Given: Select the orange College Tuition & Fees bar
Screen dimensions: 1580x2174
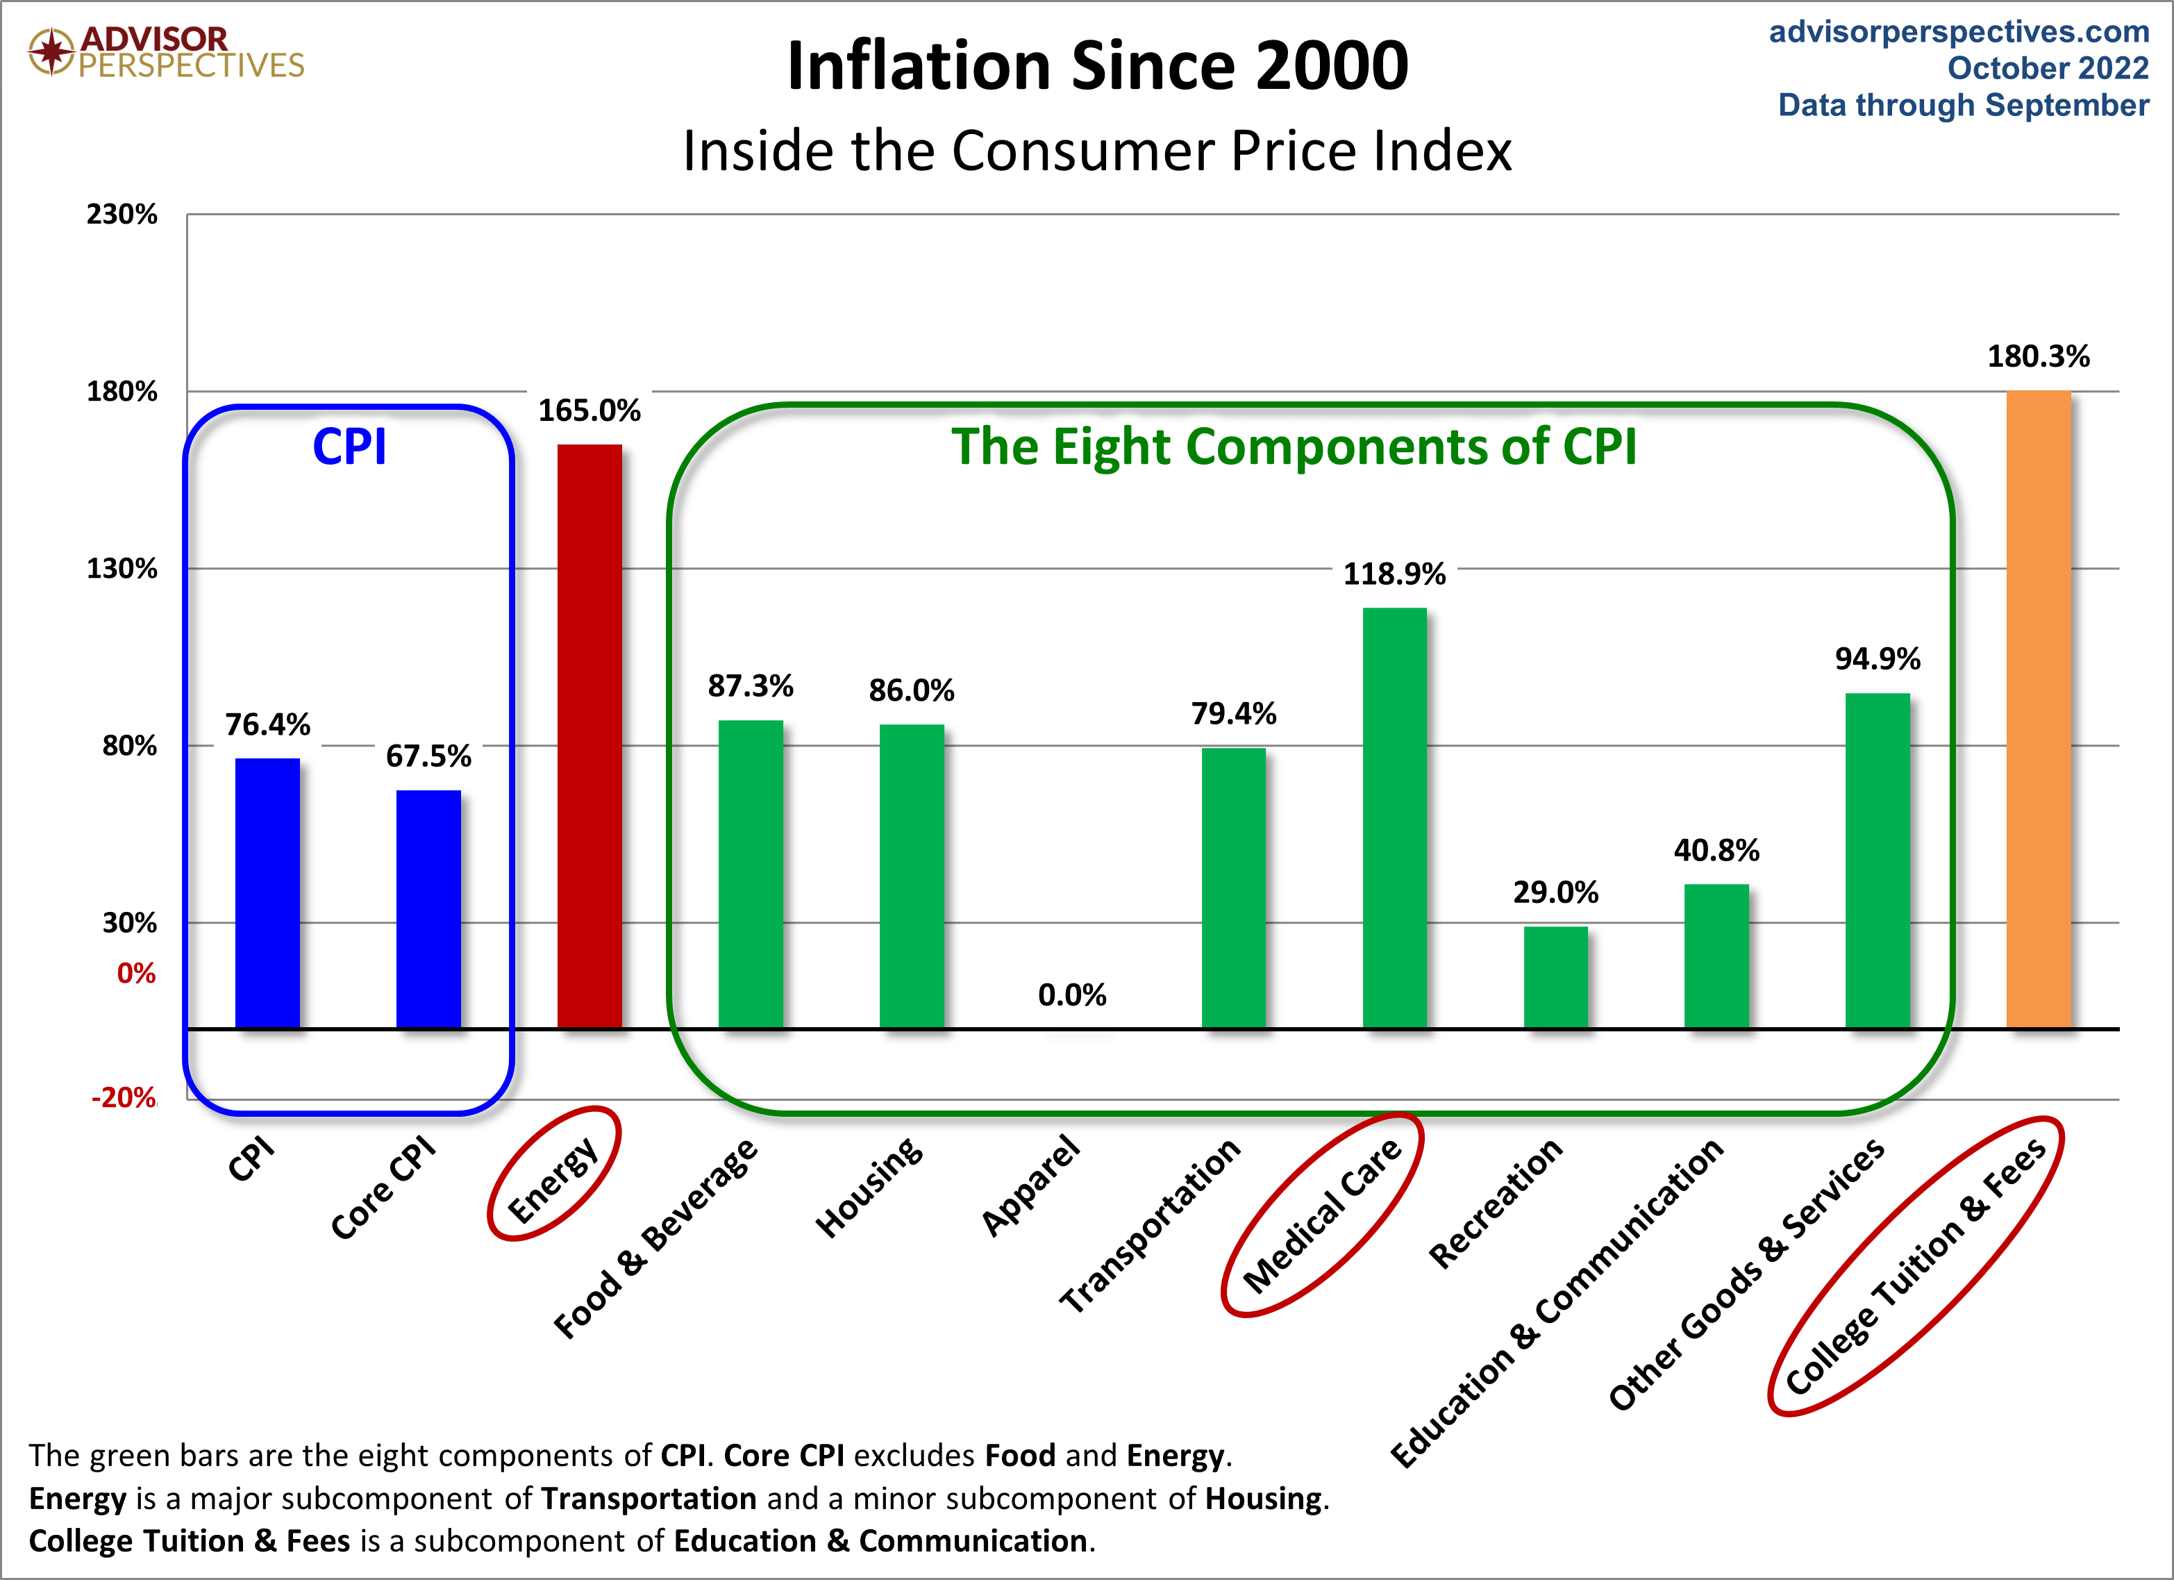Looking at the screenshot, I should click(2038, 710).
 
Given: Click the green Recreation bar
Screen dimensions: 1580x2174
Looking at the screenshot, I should click(1556, 977).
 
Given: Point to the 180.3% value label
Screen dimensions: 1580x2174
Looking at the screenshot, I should click(2038, 357).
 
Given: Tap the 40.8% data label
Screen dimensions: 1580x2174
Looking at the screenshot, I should click(1716, 850).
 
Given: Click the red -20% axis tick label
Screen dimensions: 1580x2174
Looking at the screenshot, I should click(124, 1098).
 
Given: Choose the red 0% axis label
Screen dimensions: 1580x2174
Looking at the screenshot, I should click(136, 974).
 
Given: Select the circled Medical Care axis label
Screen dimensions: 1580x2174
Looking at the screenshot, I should click(1323, 1215).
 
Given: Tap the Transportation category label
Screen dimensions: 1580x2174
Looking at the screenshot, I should click(1151, 1225).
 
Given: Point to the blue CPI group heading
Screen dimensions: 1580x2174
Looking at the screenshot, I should click(349, 447).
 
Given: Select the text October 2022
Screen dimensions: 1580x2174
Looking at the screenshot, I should click(2048, 68).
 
